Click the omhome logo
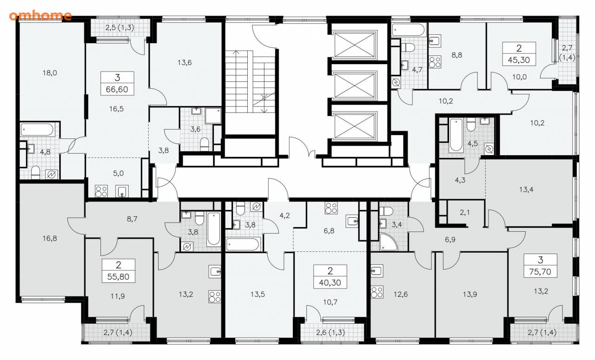(40, 15)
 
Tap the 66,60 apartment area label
(117, 90)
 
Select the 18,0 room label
(50, 73)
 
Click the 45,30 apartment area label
(519, 60)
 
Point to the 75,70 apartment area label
(540, 272)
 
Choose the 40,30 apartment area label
(330, 282)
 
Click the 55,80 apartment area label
(118, 277)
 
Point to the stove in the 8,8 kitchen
(435, 62)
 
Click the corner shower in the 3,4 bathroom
(388, 242)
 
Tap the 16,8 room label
(50, 238)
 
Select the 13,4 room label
(526, 190)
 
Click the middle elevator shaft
(354, 85)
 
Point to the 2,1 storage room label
(464, 212)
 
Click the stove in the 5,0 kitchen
(101, 191)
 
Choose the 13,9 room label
(470, 294)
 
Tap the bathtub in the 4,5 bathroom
(456, 135)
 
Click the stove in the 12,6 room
(377, 292)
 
